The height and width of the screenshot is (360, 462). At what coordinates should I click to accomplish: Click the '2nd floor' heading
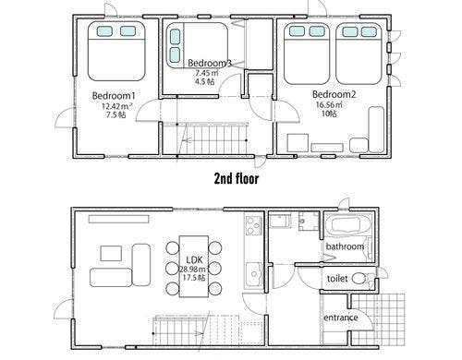point(237,179)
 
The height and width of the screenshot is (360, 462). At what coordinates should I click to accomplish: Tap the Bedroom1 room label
point(114,96)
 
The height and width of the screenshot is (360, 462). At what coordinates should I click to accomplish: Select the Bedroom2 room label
point(334,94)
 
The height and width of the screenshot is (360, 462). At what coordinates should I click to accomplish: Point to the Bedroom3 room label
point(210,63)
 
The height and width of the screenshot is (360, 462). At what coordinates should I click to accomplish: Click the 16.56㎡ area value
point(329,104)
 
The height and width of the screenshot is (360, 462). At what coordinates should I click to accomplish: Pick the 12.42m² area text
point(117,106)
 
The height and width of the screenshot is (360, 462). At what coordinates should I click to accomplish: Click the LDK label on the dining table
point(195,260)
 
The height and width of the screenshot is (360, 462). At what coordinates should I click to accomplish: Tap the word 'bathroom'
point(345,246)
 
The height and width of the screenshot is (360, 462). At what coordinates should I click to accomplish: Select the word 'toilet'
point(337,279)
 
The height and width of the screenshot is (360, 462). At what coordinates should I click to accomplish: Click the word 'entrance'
point(341,318)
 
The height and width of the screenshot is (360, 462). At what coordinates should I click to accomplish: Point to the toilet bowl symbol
point(359,279)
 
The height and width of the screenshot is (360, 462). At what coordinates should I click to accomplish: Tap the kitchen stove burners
point(254,226)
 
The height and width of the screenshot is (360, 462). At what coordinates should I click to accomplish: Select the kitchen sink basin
point(254,274)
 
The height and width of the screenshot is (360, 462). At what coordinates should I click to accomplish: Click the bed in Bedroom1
point(116,51)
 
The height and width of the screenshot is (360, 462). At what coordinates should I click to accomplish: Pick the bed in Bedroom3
point(197,45)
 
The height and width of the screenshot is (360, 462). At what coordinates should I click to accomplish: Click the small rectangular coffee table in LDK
point(111,253)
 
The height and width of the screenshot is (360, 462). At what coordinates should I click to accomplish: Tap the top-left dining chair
point(173,247)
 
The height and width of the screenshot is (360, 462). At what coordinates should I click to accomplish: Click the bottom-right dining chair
point(215,289)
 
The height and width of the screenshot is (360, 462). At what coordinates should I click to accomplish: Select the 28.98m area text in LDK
point(193,270)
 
